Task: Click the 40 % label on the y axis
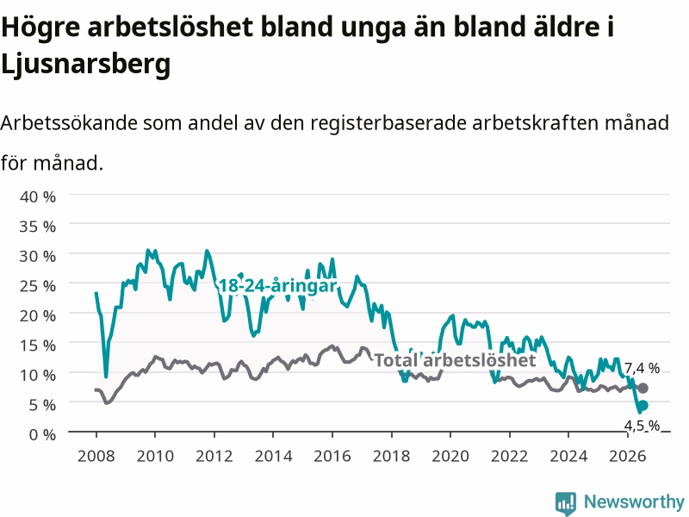pyautogui.click(x=38, y=196)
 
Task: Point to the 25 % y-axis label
pyautogui.click(x=38, y=286)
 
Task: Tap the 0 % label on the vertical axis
pyautogui.click(x=42, y=434)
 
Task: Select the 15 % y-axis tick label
pyautogui.click(x=38, y=346)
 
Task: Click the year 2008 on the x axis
pyautogui.click(x=96, y=456)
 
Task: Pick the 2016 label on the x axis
pyautogui.click(x=332, y=456)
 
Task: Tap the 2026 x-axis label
pyautogui.click(x=628, y=456)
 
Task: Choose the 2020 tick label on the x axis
pyautogui.click(x=450, y=456)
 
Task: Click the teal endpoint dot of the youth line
pyautogui.click(x=642, y=405)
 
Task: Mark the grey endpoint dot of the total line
pyautogui.click(x=642, y=389)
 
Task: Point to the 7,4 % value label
pyautogui.click(x=642, y=368)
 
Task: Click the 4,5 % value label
pyautogui.click(x=642, y=425)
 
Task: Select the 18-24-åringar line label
pyautogui.click(x=277, y=286)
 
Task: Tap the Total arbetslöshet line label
pyautogui.click(x=456, y=360)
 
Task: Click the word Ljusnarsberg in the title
pyautogui.click(x=85, y=64)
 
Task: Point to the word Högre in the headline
pyautogui.click(x=40, y=28)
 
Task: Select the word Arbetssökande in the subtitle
pyautogui.click(x=69, y=122)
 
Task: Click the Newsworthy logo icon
pyautogui.click(x=566, y=503)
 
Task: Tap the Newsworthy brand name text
pyautogui.click(x=634, y=501)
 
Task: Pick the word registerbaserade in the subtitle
pyautogui.click(x=388, y=123)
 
